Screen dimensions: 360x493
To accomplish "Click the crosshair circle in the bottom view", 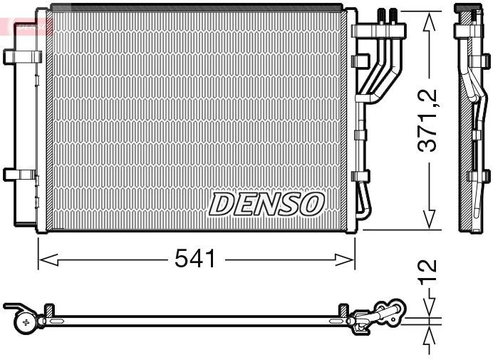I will (27, 323).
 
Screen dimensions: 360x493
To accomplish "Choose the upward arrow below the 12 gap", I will (430, 334).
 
